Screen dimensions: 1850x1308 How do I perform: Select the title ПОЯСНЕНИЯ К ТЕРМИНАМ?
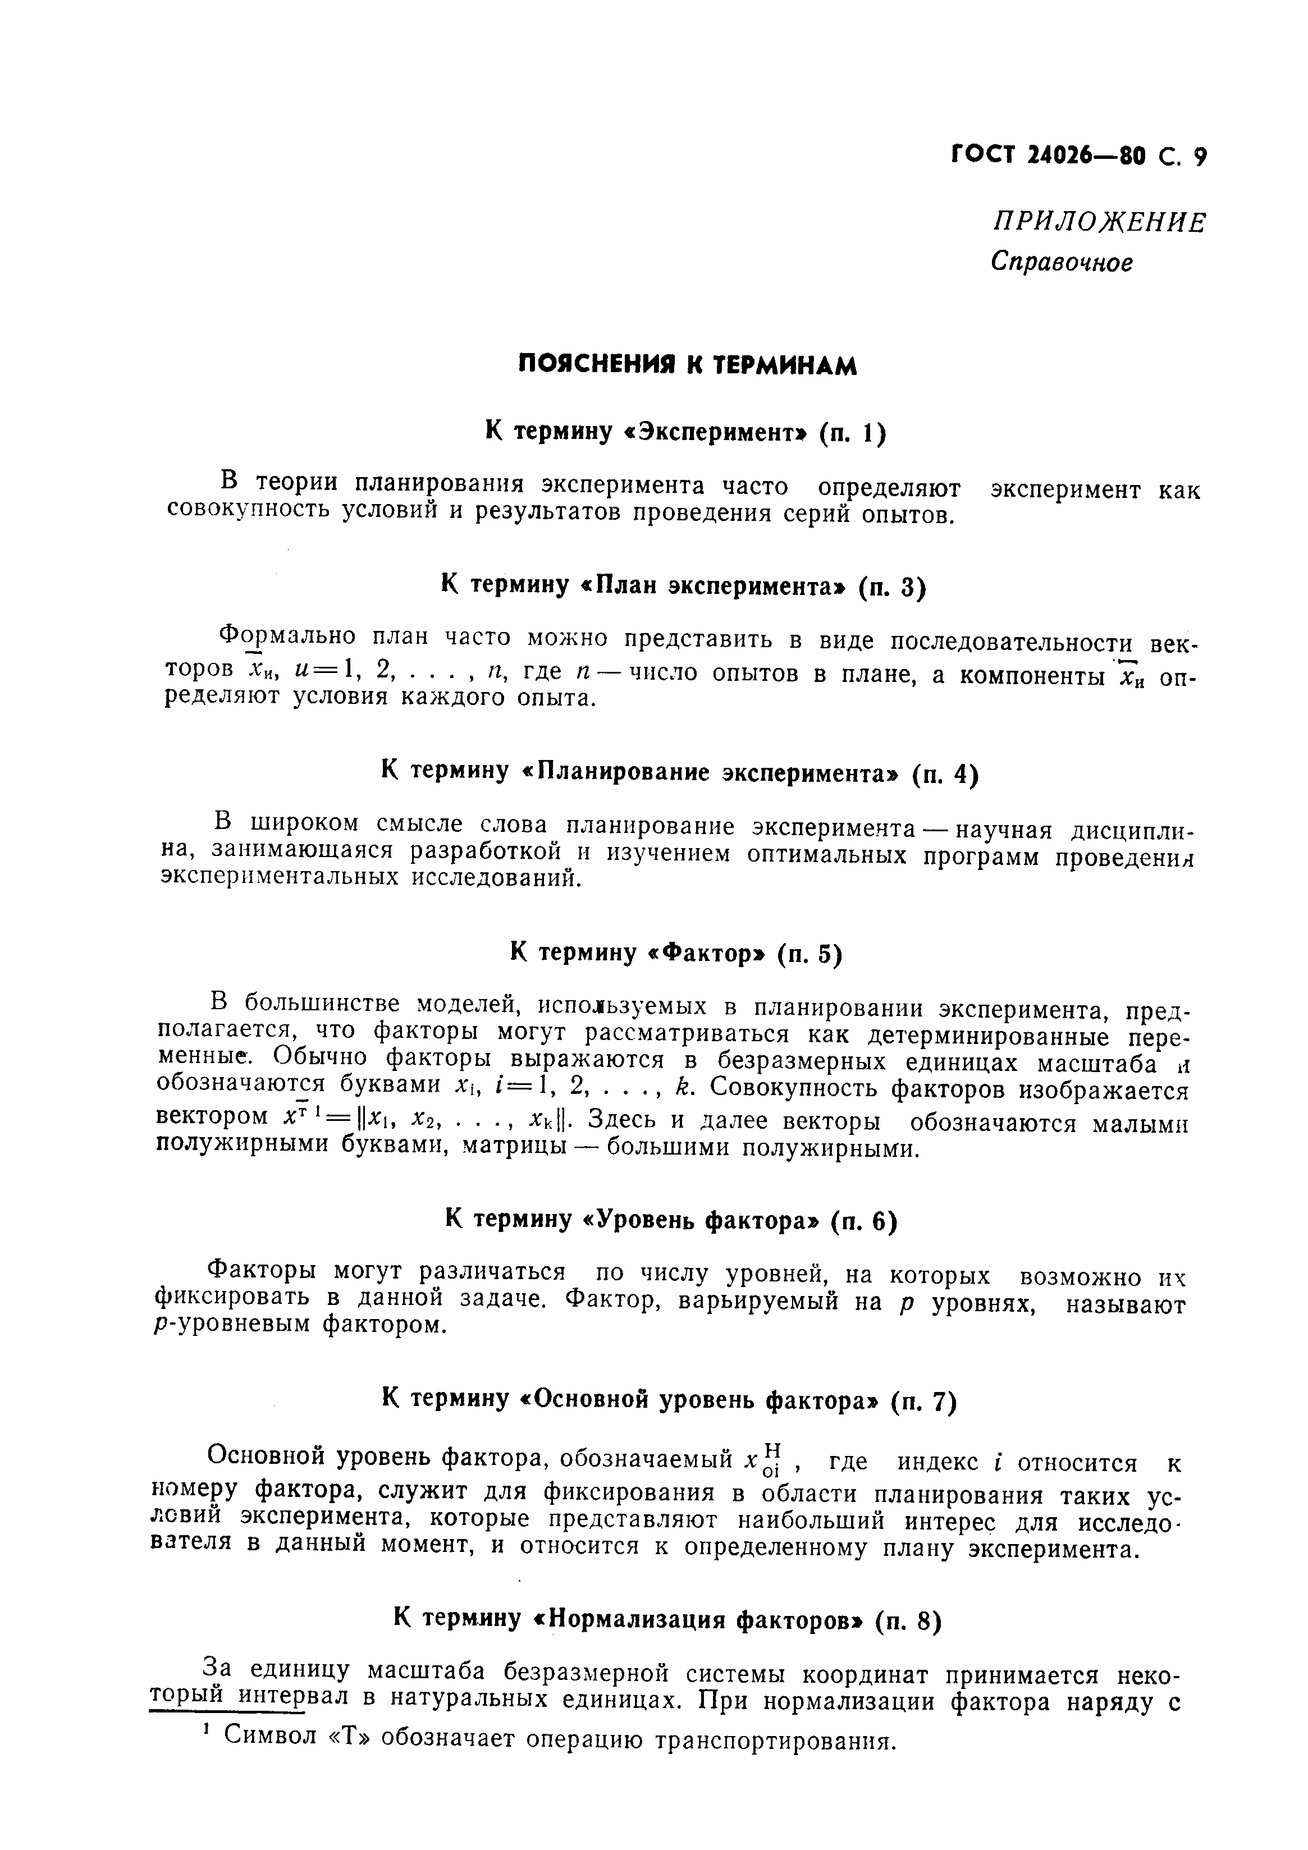point(686,366)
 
